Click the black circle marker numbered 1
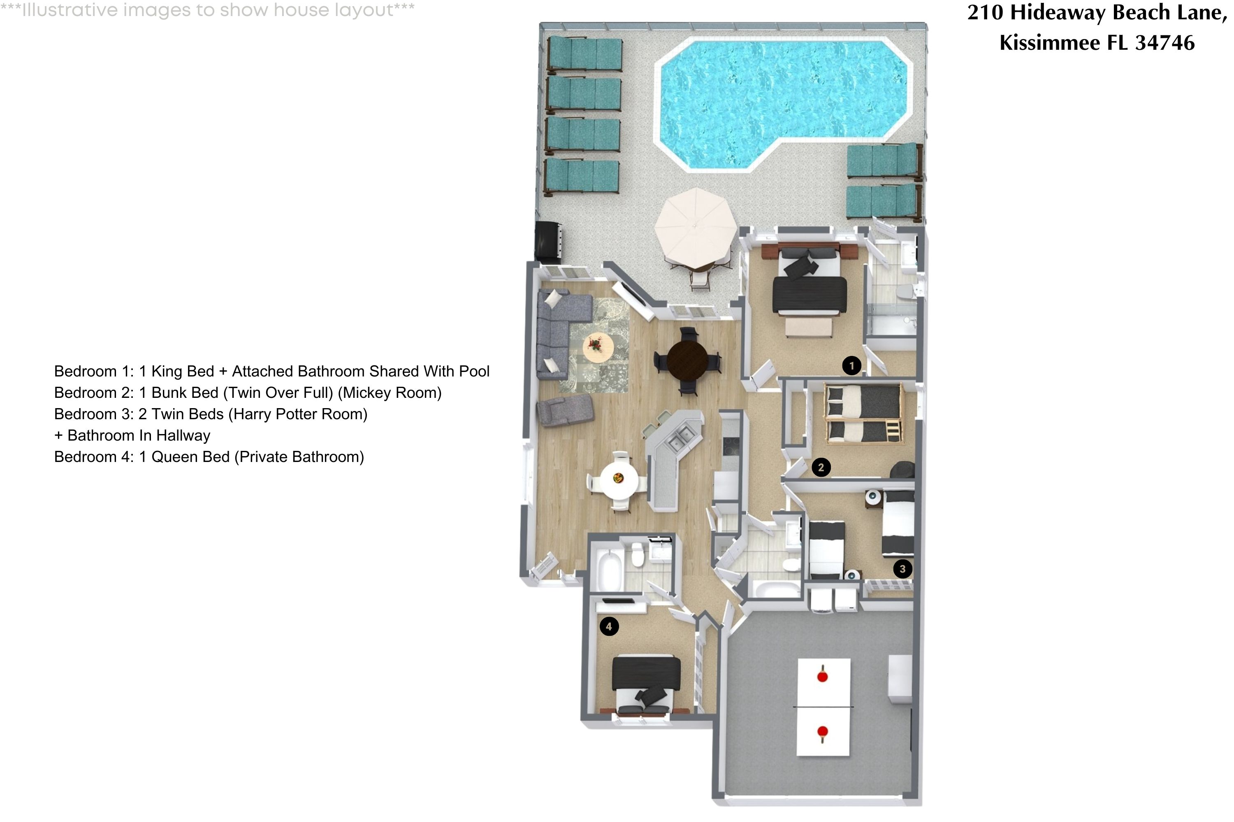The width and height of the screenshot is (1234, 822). coord(851,365)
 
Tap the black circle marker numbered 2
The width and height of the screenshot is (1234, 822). coord(821,467)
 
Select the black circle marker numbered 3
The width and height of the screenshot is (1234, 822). coord(902,569)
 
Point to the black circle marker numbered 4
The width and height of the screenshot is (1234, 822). coord(609,626)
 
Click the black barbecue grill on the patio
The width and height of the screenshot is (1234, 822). coord(548,241)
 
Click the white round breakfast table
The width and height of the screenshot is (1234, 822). coord(619,478)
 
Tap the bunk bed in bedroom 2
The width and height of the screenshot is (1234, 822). coord(863,413)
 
